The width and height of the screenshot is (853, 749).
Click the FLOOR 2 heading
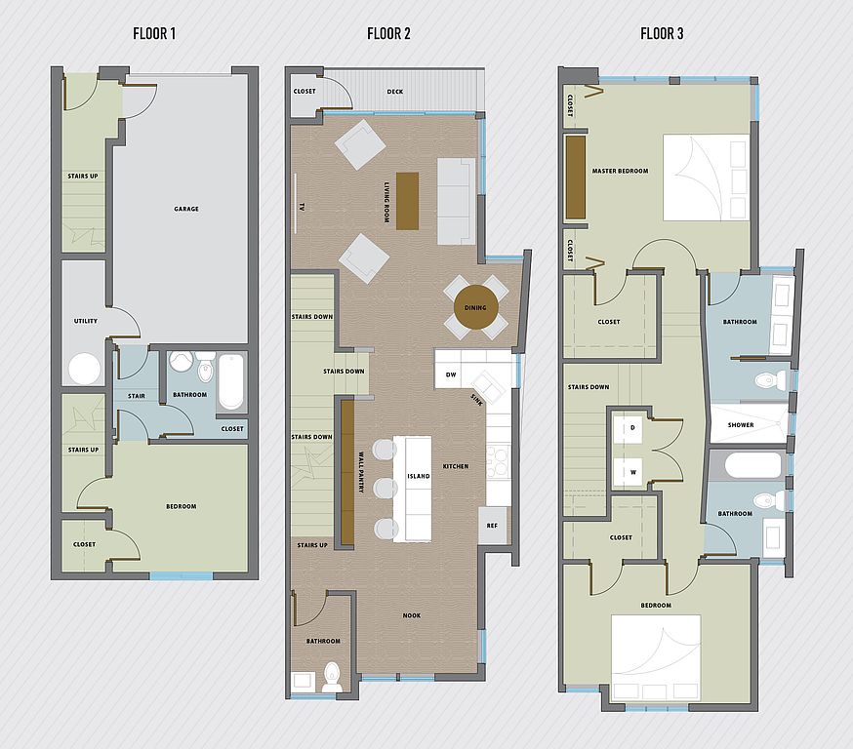[x=388, y=34]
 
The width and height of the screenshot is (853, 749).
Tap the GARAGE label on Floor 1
[x=186, y=209]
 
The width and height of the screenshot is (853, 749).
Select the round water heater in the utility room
[x=84, y=369]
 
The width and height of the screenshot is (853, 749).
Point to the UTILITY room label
[x=86, y=321]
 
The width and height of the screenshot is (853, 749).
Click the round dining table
[x=475, y=307]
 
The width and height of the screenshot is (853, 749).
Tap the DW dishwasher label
[x=451, y=374]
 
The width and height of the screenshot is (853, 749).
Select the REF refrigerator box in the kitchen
[x=493, y=525]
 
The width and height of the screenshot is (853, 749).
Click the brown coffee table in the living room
[x=407, y=201]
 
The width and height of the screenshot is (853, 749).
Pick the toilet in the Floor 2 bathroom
[x=331, y=677]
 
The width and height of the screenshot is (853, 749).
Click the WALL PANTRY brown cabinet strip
[x=347, y=472]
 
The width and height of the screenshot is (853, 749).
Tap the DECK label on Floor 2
[x=395, y=92]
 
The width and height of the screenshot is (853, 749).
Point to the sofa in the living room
[x=457, y=201]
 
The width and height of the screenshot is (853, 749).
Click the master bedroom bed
[x=707, y=177]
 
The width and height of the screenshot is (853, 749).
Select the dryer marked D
[x=632, y=428]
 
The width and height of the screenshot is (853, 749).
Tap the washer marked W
[x=632, y=472]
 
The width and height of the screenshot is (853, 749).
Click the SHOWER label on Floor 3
[x=741, y=425]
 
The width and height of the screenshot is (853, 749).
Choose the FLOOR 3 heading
[x=662, y=34]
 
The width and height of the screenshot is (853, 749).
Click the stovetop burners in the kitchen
[x=497, y=461]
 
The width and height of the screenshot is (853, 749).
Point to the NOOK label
[x=412, y=615]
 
